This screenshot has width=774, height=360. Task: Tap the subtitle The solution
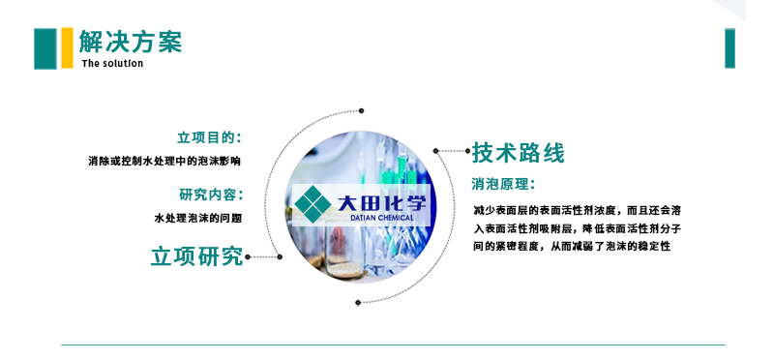click(x=112, y=64)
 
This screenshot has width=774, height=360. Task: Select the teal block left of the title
click(x=45, y=48)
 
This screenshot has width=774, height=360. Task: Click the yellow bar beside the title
click(x=67, y=48)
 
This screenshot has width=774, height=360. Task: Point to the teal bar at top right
click(x=729, y=48)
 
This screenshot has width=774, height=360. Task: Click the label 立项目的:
click(x=209, y=137)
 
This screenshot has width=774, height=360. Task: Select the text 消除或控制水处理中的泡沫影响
click(x=164, y=161)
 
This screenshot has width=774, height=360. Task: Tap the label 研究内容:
click(x=209, y=194)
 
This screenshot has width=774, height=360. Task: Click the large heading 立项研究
click(x=196, y=256)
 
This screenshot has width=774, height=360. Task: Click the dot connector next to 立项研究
click(x=250, y=257)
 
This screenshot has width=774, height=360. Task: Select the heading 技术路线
click(x=518, y=152)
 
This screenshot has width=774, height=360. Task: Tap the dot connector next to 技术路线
click(x=437, y=151)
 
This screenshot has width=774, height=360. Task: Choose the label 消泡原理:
click(x=503, y=183)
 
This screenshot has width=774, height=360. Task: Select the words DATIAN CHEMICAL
click(x=378, y=218)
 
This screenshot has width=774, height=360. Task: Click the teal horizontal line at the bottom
click(x=392, y=345)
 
